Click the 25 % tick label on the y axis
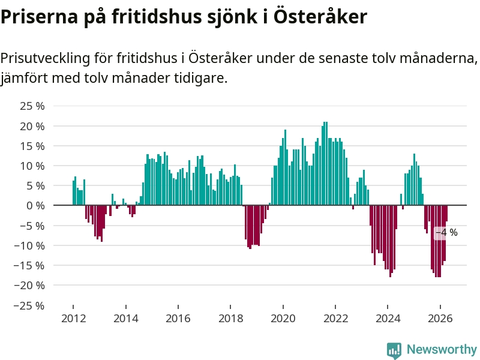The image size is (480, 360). (x=32, y=106)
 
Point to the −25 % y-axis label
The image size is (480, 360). (x=29, y=305)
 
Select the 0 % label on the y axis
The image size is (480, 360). (x=35, y=206)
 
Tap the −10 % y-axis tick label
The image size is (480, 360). (x=29, y=246)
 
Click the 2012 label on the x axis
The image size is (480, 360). (x=73, y=319)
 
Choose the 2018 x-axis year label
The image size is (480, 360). (x=231, y=319)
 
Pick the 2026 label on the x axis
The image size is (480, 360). (x=440, y=319)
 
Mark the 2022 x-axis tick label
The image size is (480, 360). (x=336, y=319)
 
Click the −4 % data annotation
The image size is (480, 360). (x=446, y=233)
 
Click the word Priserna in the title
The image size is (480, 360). (x=40, y=16)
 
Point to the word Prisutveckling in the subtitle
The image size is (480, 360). (x=46, y=58)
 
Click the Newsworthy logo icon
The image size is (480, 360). (x=394, y=350)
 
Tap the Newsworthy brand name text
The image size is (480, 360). (x=442, y=349)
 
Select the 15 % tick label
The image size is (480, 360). (x=32, y=146)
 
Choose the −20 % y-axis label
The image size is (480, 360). (x=29, y=286)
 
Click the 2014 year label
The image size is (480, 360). (x=126, y=319)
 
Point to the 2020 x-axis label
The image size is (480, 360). (x=283, y=319)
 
